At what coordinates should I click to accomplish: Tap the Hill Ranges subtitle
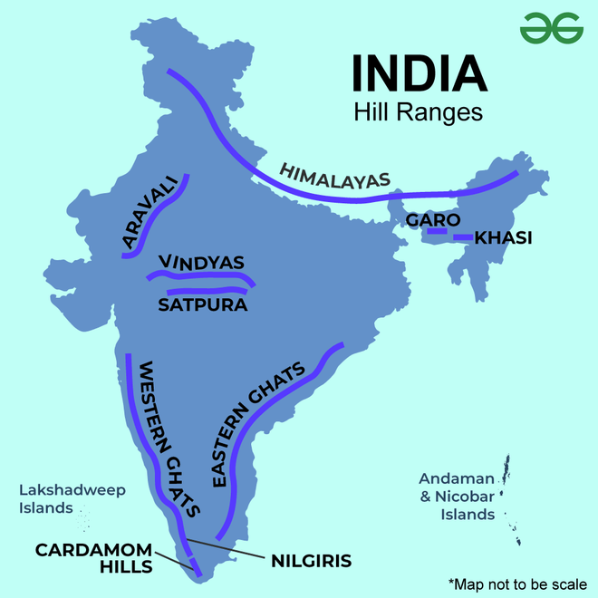pos(418,114)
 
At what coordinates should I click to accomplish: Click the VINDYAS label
pos(201,263)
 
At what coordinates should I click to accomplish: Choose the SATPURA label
pos(203,304)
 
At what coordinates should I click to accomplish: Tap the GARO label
pos(433,220)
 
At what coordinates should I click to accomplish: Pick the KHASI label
pos(503,238)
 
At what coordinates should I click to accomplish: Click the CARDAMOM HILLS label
pos(93,558)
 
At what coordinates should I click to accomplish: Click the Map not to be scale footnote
pos(517,582)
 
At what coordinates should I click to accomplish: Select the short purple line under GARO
pos(437,232)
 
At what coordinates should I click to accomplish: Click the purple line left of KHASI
pos(462,237)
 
